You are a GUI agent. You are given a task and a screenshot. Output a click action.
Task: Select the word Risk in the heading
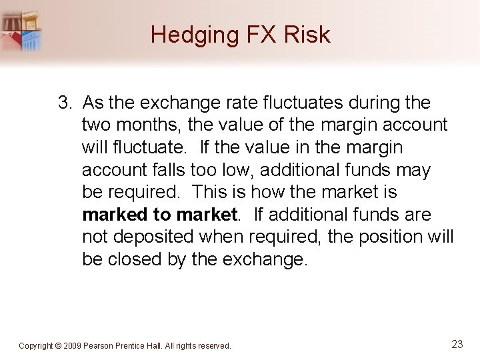[x=307, y=35]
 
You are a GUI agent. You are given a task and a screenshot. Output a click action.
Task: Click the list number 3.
[x=64, y=103]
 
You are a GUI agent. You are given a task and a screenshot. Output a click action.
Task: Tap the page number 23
[x=457, y=344]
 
